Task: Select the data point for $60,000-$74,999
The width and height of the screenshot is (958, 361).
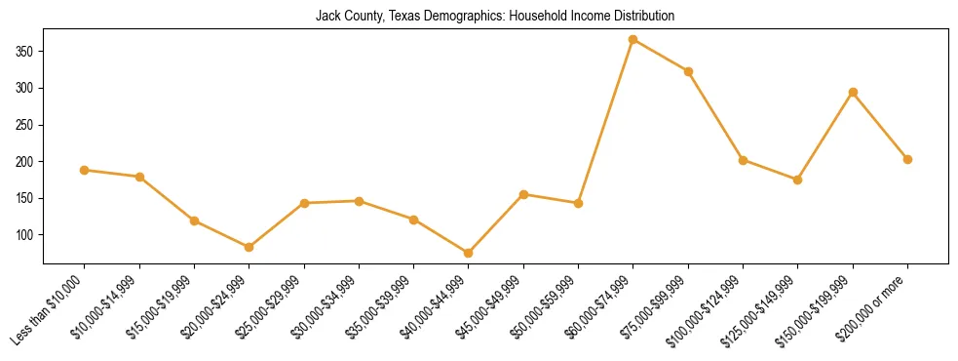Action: pos(633,39)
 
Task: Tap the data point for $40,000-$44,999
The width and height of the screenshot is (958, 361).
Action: pos(469,253)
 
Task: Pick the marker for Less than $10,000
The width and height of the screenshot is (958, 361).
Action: pos(85,170)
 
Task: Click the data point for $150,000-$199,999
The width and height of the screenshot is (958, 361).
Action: pos(853,92)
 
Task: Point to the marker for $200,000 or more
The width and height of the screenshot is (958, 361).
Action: pos(907,159)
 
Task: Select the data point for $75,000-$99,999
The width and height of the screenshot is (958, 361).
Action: pos(688,71)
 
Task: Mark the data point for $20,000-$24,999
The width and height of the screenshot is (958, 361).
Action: pos(249,247)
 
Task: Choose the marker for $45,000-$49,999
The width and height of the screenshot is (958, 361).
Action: pos(523,194)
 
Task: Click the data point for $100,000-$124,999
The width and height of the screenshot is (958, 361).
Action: pos(743,160)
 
